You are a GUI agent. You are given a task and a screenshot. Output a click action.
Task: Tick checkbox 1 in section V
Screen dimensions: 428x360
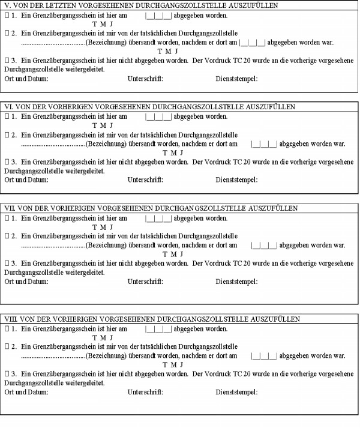pos(7,15)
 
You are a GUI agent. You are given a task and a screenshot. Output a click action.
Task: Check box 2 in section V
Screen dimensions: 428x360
pos(7,34)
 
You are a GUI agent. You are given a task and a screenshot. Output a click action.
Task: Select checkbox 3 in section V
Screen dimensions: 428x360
pos(7,61)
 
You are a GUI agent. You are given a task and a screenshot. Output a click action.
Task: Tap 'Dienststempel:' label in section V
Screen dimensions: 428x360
pos(236,79)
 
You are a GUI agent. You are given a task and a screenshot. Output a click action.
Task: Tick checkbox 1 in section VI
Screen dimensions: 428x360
pos(7,116)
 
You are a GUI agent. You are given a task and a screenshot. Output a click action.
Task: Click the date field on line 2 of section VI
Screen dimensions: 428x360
pos(264,144)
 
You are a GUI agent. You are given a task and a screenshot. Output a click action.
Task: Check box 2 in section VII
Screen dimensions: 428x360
pos(7,237)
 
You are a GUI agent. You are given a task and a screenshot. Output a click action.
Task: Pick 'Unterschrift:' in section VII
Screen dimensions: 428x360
pos(145,281)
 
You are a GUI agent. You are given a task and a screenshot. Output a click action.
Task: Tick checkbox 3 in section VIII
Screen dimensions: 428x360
pos(7,374)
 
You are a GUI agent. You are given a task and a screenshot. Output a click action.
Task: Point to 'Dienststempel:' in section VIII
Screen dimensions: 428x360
pos(236,392)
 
